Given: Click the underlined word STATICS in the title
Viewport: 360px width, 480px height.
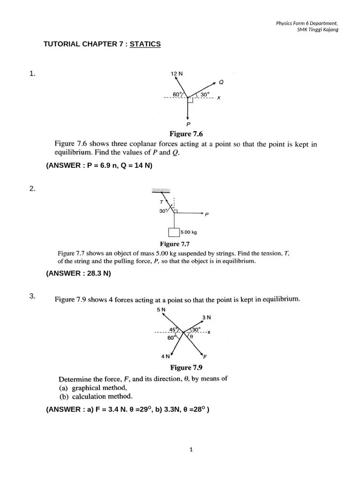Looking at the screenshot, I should [145, 44].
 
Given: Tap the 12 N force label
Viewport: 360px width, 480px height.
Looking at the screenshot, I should [176, 74].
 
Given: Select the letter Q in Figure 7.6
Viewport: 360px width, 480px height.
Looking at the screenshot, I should [221, 82].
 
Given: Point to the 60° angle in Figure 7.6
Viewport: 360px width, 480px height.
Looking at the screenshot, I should [177, 94].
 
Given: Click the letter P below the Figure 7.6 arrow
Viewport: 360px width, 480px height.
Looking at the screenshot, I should [188, 125].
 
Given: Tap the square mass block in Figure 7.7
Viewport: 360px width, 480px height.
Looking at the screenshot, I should [174, 232].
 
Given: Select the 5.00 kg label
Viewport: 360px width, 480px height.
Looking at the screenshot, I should [189, 232].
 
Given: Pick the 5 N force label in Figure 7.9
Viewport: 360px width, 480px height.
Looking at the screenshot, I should [162, 310].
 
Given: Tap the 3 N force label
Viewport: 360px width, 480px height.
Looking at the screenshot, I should [206, 317].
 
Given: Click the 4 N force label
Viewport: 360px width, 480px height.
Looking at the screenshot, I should [165, 357].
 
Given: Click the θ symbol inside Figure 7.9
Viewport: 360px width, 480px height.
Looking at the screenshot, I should [192, 336].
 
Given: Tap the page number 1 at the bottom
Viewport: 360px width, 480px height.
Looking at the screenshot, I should [191, 450].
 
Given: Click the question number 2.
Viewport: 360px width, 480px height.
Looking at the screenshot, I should [32, 189].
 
